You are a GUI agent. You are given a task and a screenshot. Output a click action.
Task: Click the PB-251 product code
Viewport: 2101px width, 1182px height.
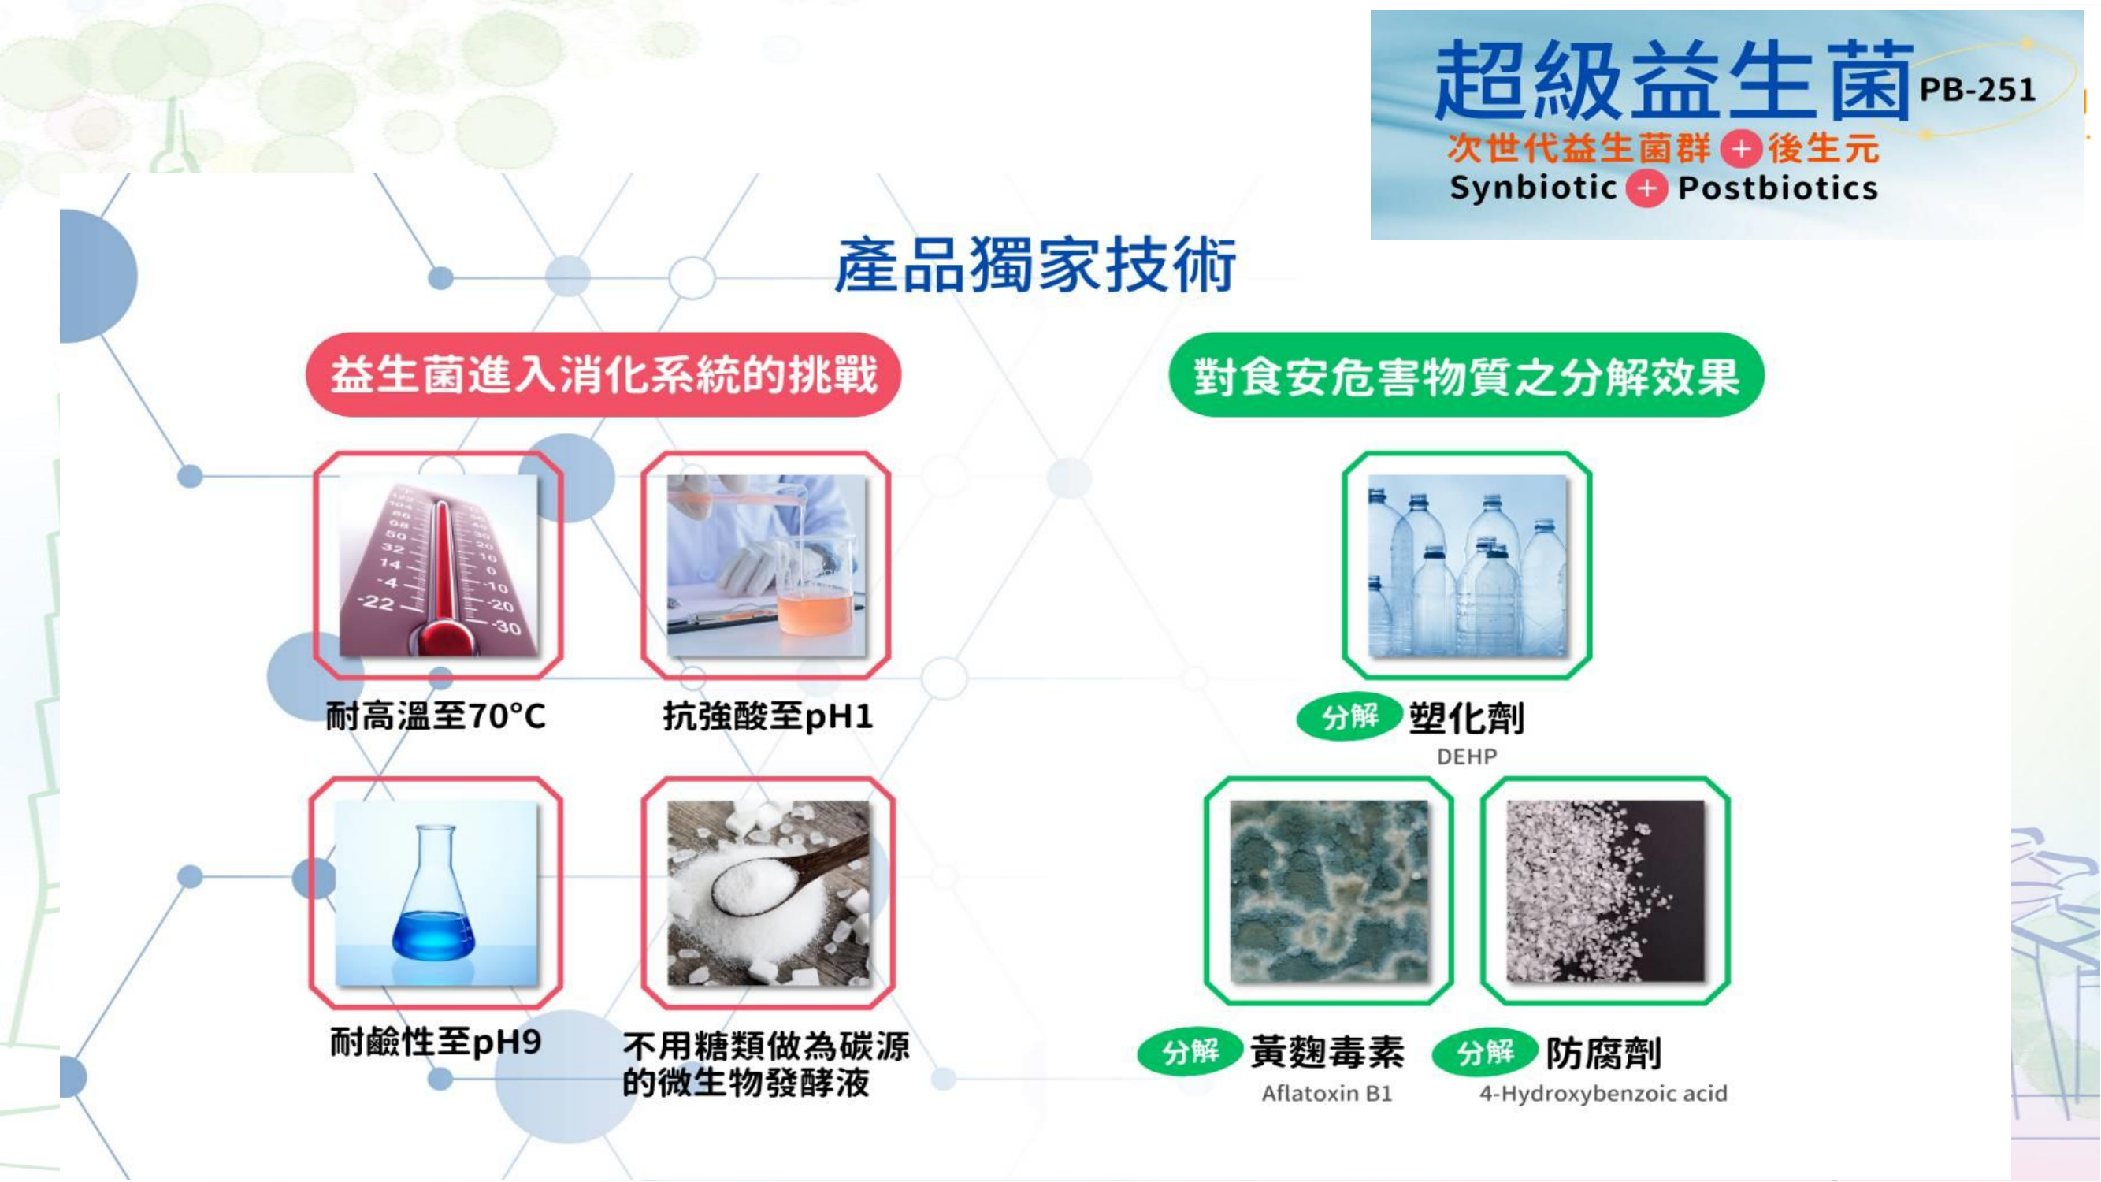tap(1977, 89)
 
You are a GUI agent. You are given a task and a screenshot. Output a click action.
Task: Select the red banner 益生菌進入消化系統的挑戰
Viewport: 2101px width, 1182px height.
tap(603, 375)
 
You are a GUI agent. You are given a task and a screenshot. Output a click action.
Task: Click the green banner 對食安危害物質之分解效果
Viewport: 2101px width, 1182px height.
tap(1467, 375)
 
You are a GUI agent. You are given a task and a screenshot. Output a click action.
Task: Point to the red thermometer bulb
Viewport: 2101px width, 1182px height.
tap(447, 635)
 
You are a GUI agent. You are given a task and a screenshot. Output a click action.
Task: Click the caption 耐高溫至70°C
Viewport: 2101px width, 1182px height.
tap(436, 716)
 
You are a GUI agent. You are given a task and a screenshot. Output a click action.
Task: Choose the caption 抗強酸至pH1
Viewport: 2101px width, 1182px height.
tap(767, 716)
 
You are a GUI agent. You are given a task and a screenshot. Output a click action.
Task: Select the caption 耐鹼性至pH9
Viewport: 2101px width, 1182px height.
tap(436, 1042)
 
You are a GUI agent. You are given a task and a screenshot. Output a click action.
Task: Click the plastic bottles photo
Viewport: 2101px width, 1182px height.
tap(1468, 565)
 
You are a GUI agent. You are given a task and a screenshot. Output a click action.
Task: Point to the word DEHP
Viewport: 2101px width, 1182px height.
tap(1467, 757)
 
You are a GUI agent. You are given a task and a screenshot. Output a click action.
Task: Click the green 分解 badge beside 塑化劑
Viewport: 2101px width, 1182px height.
tap(1349, 717)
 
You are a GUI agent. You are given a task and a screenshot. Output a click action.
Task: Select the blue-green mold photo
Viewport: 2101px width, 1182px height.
tap(1329, 890)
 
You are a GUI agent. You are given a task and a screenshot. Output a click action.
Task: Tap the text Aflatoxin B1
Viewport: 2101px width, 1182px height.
tap(1327, 1093)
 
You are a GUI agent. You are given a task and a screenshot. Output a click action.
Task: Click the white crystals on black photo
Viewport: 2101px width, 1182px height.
tap(1605, 890)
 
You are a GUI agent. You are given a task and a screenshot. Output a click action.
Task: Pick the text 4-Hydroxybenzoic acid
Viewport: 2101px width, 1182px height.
tap(1603, 1093)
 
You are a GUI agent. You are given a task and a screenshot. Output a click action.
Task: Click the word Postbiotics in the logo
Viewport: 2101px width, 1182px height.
tap(1778, 188)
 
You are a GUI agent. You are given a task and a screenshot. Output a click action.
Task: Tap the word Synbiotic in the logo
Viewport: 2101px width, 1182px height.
tap(1533, 188)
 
